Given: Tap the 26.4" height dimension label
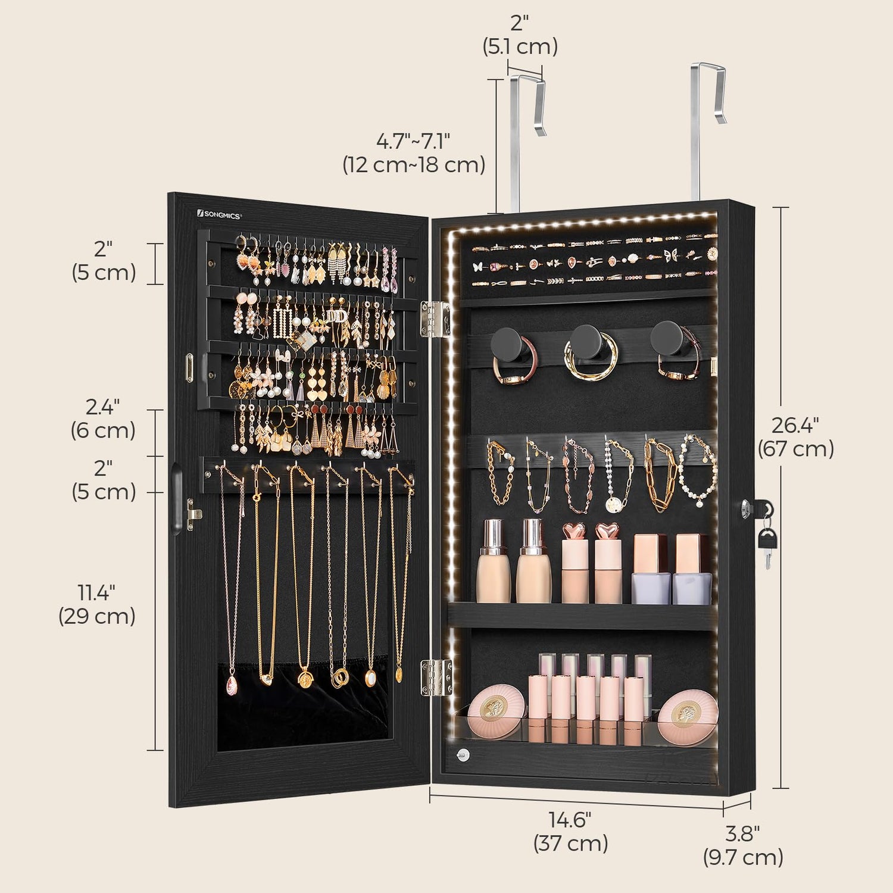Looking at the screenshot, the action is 795,437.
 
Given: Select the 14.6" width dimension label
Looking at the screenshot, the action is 570,831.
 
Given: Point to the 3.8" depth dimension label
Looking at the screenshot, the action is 743,845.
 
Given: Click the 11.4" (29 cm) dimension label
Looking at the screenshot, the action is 97,604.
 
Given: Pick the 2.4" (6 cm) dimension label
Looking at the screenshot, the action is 103,419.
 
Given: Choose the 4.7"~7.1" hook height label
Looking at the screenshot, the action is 414,153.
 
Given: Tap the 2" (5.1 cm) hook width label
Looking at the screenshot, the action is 520,35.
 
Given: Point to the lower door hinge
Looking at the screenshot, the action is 435,677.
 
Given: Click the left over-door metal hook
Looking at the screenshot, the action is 526,143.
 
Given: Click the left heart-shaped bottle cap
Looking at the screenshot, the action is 574,531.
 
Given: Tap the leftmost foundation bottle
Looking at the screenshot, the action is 494,561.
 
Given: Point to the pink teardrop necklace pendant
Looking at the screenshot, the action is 231,685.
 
